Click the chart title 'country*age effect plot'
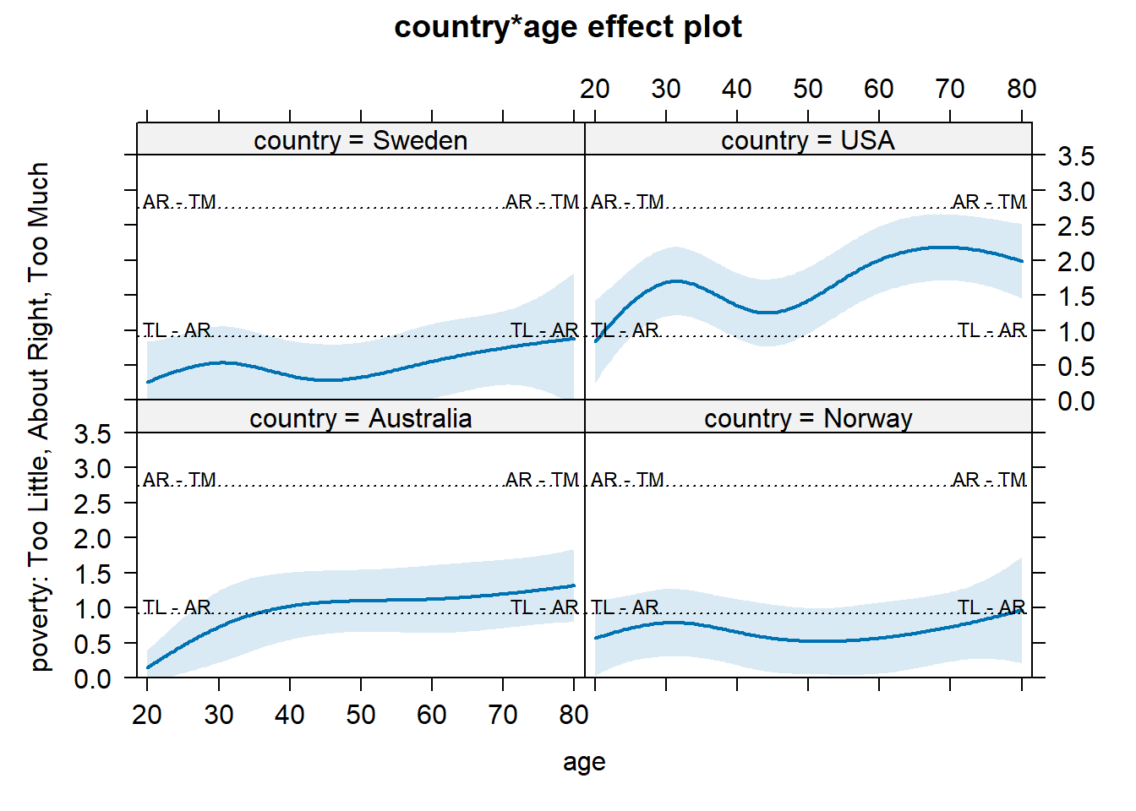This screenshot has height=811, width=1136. coord(568,27)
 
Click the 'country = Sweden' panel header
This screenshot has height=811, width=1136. coord(360,140)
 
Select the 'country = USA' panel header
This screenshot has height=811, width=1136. coord(807,140)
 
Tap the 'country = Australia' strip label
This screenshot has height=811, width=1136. coord(360,418)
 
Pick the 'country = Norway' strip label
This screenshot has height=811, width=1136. coord(807,418)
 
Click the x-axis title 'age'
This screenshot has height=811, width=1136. coord(584,762)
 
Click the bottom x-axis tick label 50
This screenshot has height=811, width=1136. coord(360,716)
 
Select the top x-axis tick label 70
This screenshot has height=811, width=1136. coord(950,89)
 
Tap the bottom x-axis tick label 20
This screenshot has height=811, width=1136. coord(147,716)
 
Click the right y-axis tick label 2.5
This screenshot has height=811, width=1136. coord(1075,226)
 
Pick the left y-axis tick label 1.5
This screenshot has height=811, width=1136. coord(92,574)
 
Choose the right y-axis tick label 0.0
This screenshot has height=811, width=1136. coord(1075,401)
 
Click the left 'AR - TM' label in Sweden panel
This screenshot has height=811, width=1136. coord(179,202)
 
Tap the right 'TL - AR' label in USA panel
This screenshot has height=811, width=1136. coord(991,329)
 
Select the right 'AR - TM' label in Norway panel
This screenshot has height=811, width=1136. coord(989,480)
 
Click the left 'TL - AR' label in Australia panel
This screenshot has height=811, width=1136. coord(177,607)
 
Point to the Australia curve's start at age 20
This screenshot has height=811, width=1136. coord(148,667)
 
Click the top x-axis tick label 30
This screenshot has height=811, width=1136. coord(666,89)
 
